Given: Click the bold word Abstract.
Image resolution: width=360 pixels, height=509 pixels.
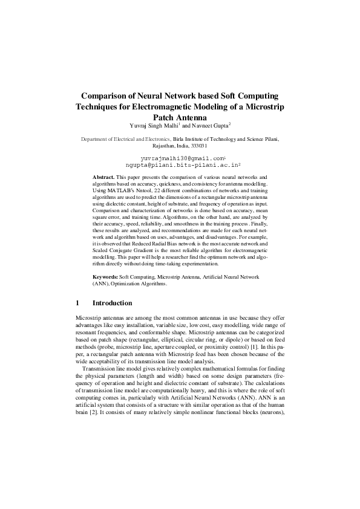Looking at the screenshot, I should click(x=103, y=176).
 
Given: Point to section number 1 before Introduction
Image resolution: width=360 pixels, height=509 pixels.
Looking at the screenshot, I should click(x=77, y=303).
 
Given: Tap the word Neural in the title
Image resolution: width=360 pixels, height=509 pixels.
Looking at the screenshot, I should click(x=152, y=96).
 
